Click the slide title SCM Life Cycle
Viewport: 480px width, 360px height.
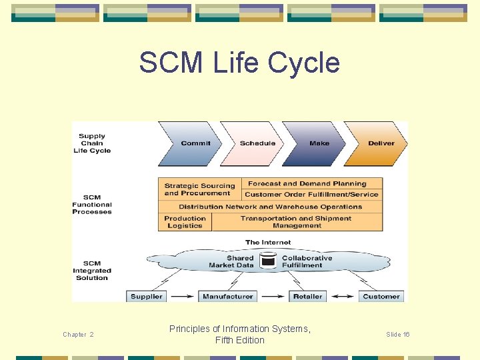[x=239, y=63]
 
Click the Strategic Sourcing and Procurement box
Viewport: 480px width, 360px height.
[x=199, y=189]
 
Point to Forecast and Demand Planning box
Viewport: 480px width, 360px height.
[x=307, y=183]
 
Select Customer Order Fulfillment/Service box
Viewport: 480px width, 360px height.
[x=311, y=195]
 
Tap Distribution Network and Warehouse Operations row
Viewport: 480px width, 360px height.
[x=270, y=207]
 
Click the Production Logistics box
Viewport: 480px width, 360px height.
[x=185, y=222]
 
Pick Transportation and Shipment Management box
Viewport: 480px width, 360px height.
[x=297, y=222]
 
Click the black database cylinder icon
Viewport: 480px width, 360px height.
[x=268, y=259]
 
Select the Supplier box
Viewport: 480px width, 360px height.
[x=146, y=297]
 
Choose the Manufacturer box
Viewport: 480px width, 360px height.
[x=227, y=297]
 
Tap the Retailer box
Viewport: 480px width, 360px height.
[x=307, y=297]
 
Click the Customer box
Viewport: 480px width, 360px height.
[x=381, y=297]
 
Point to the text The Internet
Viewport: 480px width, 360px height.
[x=268, y=243]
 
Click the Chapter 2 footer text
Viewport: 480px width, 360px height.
[x=78, y=335]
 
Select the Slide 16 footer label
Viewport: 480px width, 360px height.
[x=398, y=335]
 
